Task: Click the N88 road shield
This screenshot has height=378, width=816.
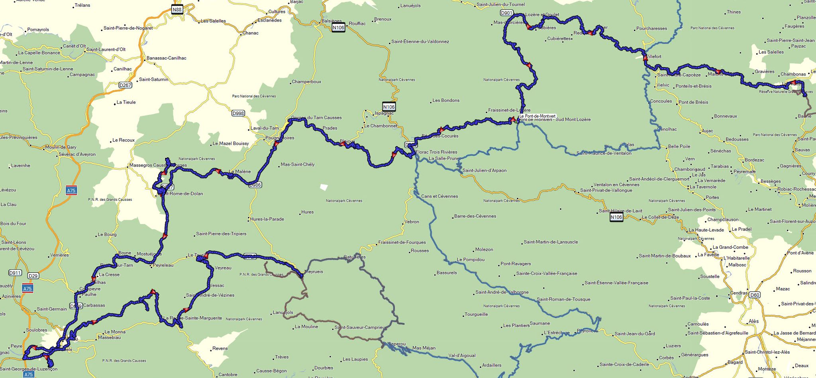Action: (177, 10)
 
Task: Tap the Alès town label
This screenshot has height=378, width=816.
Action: (753, 321)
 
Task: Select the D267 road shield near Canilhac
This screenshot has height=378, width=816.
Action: (126, 85)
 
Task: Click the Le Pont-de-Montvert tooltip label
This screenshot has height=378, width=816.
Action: (537, 116)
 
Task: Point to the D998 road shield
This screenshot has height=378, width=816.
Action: (238, 113)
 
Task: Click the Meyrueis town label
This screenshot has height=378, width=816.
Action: (314, 271)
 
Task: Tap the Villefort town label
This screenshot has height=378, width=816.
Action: (654, 57)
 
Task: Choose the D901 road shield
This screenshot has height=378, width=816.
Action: (506, 13)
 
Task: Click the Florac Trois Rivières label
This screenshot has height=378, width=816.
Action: (436, 152)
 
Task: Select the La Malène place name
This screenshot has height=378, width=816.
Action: (240, 172)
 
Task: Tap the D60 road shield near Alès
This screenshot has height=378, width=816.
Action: (754, 295)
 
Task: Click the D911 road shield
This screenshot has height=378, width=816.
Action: (15, 273)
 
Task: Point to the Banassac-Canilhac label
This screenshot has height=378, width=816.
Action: (166, 58)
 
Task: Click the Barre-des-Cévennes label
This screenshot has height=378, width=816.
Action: (475, 216)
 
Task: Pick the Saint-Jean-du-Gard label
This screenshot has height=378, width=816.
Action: (635, 334)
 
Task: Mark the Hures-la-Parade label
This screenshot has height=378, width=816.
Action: (267, 219)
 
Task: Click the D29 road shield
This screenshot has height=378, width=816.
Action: (33, 276)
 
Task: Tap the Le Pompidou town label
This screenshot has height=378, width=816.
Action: (471, 259)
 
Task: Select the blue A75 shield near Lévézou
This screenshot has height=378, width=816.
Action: (71, 190)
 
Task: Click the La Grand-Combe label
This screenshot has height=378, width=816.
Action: (730, 247)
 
